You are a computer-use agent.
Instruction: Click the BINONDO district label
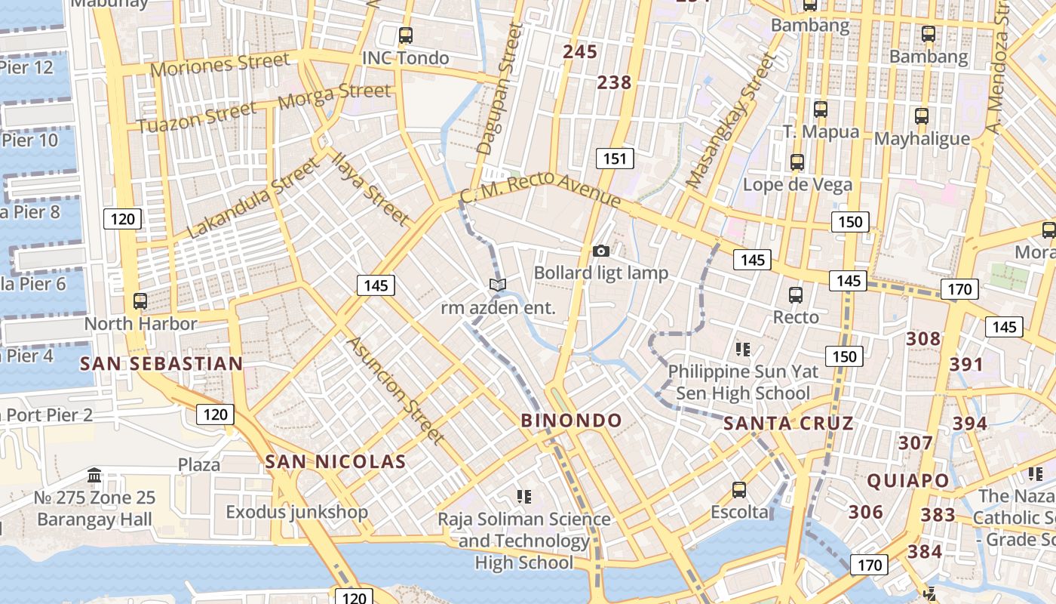(x=572, y=421)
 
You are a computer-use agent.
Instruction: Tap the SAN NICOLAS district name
(x=336, y=461)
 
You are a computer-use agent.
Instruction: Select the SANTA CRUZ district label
(x=788, y=424)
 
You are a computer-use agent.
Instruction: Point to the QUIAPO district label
(x=907, y=480)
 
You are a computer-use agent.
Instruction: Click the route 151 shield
(x=615, y=159)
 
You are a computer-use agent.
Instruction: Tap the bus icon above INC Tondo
(x=406, y=35)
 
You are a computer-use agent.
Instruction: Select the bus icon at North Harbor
(x=140, y=300)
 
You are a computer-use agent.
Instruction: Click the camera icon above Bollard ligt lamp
(x=601, y=251)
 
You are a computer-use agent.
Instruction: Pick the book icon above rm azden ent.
(x=497, y=285)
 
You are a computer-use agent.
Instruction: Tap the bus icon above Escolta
(x=739, y=489)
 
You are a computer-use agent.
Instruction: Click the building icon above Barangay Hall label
(x=95, y=476)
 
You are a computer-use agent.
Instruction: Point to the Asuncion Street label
(x=394, y=390)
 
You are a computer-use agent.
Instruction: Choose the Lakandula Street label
(x=254, y=199)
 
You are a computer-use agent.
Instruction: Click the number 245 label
(x=580, y=52)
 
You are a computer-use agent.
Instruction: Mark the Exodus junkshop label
(x=297, y=512)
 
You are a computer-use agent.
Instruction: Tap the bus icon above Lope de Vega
(x=797, y=162)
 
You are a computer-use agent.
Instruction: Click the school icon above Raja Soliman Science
(x=524, y=496)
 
